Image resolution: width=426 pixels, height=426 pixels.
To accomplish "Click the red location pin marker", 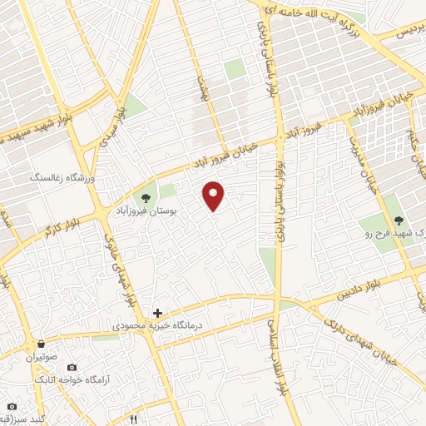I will click(x=214, y=195).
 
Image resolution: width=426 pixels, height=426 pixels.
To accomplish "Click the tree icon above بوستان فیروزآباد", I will click(x=146, y=198).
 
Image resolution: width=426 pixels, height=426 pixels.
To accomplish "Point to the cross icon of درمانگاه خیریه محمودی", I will click(x=157, y=313).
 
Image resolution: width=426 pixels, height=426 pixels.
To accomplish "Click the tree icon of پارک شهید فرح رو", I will click(x=399, y=220).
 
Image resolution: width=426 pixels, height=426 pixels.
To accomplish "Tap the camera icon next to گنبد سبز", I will click(x=11, y=407).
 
